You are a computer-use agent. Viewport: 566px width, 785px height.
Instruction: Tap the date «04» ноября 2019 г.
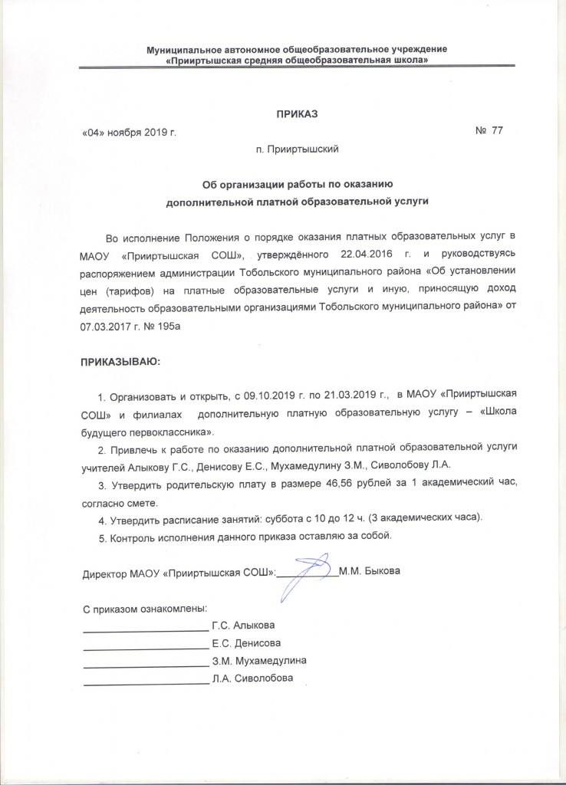pos(129,132)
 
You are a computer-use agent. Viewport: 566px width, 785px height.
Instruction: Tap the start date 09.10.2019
pos(268,395)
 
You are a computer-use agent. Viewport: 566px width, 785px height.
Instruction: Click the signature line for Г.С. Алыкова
pos(145,627)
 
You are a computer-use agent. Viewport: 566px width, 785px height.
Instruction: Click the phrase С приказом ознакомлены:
pos(145,609)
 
